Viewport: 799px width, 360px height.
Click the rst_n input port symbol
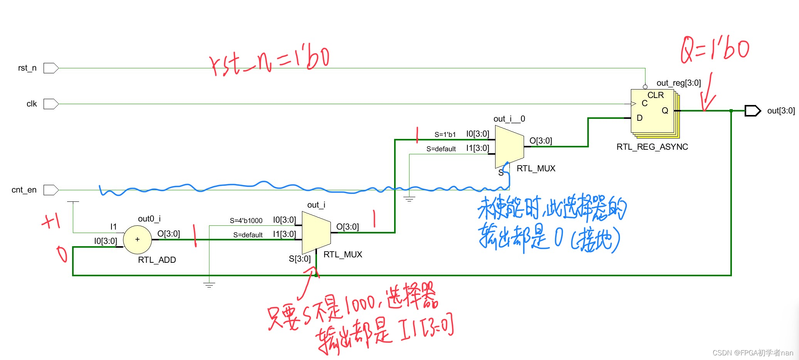[51, 68]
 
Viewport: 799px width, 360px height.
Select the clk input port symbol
[51, 104]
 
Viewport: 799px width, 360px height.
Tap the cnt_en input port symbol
[51, 190]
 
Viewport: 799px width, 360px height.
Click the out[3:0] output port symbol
[752, 111]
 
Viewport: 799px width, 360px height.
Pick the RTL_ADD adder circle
[137, 240]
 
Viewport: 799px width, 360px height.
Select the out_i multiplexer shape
[316, 232]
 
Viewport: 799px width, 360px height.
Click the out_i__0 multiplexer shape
[509, 147]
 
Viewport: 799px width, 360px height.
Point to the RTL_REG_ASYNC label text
[652, 147]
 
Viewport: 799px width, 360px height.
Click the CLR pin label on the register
[656, 95]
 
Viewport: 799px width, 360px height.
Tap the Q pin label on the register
[665, 111]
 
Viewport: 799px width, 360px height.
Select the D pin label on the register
[639, 118]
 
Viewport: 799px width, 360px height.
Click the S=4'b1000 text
[246, 221]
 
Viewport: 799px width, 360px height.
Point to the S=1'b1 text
[445, 135]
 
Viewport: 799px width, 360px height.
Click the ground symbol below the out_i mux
[209, 285]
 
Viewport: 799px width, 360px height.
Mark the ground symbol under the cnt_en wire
[409, 199]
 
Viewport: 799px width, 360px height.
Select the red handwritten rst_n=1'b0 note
[269, 61]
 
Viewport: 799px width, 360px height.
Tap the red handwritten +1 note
[51, 221]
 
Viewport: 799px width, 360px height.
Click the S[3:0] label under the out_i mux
[300, 259]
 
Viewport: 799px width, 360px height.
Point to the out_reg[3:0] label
[679, 83]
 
